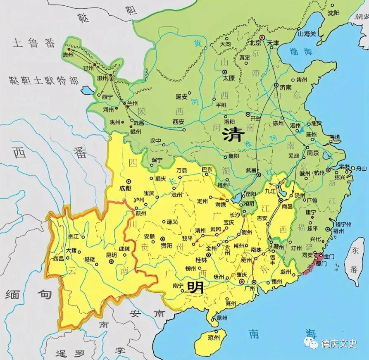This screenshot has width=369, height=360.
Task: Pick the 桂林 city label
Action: (x=202, y=260)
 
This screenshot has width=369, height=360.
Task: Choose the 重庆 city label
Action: (x=149, y=193)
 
